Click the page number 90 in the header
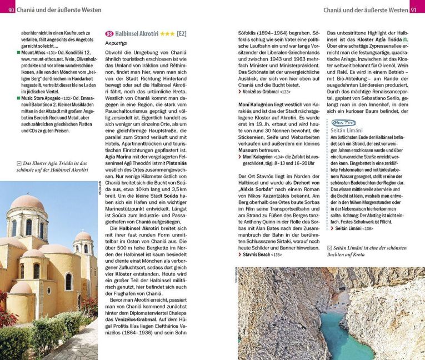click(12, 10)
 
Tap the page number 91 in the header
click(413, 10)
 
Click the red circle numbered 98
click(109, 34)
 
